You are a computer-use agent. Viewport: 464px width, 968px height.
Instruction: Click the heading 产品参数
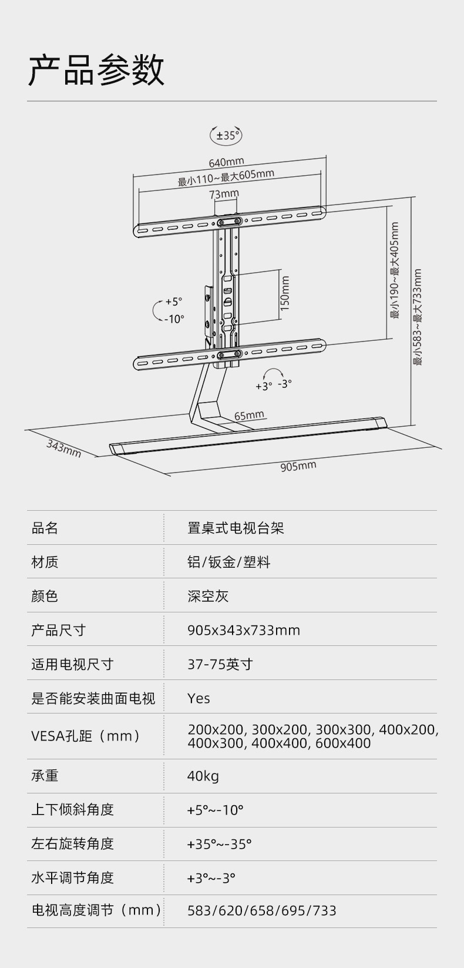(x=97, y=71)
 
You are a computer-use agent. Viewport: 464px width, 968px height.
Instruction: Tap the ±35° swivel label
(x=226, y=136)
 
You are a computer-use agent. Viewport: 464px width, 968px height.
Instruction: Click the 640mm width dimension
(x=226, y=162)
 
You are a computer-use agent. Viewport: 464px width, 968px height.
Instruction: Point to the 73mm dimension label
(x=224, y=193)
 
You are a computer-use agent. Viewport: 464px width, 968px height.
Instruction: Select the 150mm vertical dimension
(x=285, y=293)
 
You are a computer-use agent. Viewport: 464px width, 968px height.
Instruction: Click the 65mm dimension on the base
(x=249, y=416)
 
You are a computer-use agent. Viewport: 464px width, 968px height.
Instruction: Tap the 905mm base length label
(x=298, y=466)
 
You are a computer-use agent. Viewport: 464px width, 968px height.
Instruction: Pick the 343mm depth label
(x=63, y=448)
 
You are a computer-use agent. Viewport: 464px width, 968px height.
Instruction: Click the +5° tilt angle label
(x=173, y=302)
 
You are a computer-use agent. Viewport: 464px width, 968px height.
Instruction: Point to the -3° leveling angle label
(x=285, y=383)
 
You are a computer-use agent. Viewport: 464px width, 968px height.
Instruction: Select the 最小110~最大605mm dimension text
(x=226, y=177)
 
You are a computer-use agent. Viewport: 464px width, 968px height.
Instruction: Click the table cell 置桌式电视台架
(x=236, y=528)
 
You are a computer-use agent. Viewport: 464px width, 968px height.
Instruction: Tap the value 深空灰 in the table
(x=208, y=596)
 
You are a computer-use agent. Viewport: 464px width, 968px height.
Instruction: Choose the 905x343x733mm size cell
(x=244, y=630)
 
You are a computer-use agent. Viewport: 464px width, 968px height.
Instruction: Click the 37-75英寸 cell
(x=220, y=664)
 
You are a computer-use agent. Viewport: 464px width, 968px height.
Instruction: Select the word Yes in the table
(x=199, y=698)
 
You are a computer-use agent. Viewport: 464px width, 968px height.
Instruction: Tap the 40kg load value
(x=203, y=776)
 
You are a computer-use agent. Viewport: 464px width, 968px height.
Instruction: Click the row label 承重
(x=45, y=776)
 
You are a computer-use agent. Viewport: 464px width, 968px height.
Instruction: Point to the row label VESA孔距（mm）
(x=86, y=736)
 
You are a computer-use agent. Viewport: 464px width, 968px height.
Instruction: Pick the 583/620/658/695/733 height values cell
(x=262, y=911)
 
